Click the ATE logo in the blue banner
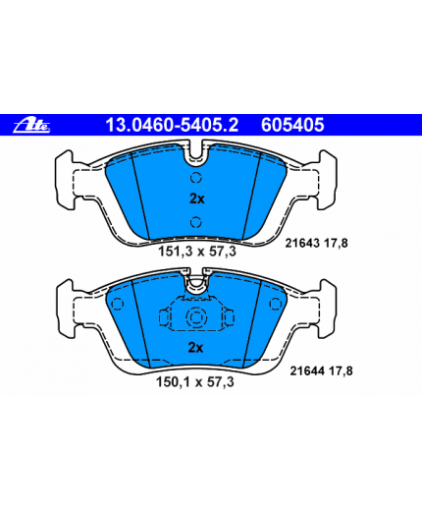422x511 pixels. (31, 125)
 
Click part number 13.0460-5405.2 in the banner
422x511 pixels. (172, 125)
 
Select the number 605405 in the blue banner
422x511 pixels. (292, 125)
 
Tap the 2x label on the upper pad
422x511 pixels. (197, 199)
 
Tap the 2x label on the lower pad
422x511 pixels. (195, 348)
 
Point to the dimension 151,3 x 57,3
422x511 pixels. (197, 252)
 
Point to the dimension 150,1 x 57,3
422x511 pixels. (195, 382)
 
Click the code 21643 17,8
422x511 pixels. (316, 243)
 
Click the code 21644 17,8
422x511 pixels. (321, 371)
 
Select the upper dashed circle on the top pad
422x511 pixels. (196, 178)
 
